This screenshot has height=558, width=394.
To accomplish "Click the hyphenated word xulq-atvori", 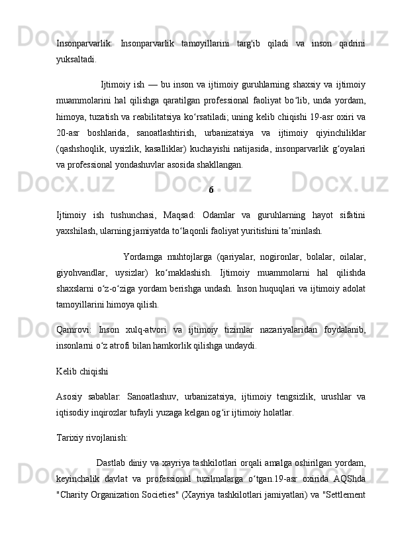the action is (x=142, y=329).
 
